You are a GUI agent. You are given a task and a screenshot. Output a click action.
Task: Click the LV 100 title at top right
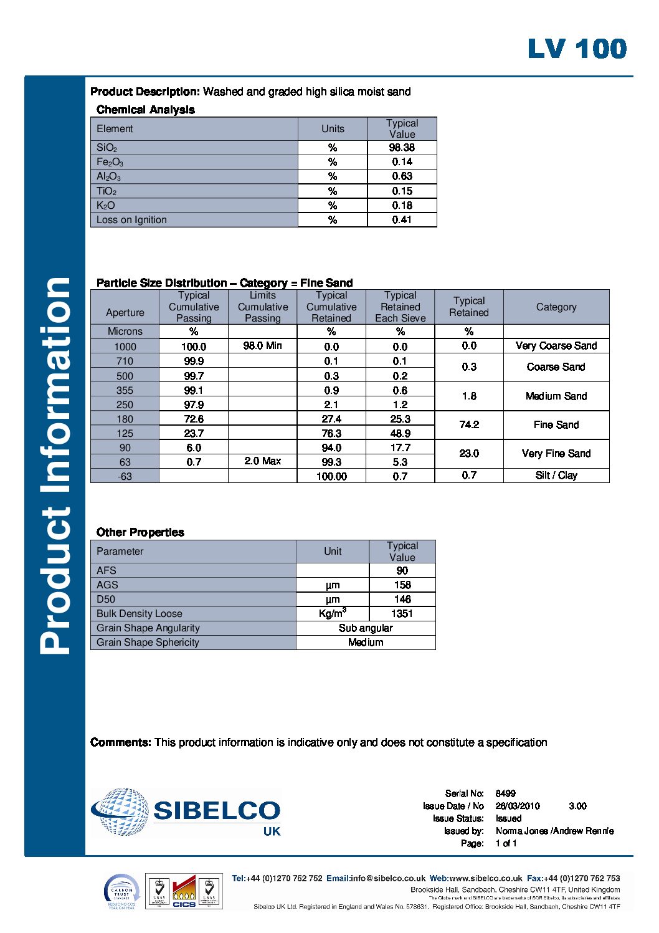[577, 49]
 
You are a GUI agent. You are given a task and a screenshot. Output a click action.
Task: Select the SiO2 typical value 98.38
[402, 148]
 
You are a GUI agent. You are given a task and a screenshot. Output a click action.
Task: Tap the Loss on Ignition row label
[131, 220]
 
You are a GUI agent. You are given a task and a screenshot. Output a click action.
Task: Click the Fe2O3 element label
[110, 162]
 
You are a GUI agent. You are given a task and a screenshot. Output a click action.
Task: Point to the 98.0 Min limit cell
[262, 346]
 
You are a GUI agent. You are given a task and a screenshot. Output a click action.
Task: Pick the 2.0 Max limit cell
[262, 461]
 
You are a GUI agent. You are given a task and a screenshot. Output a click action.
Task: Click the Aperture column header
[125, 312]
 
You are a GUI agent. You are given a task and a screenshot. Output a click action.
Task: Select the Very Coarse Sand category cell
[556, 346]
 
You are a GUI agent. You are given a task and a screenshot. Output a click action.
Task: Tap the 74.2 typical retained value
[468, 425]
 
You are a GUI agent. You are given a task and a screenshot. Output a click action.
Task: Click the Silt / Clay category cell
[556, 476]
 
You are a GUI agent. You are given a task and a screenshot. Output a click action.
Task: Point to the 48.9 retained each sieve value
[400, 433]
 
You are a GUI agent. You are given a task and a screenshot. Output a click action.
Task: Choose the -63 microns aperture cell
[125, 476]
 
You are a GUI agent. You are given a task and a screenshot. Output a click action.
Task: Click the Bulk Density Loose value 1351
[402, 613]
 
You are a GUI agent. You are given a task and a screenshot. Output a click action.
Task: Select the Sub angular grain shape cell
[366, 628]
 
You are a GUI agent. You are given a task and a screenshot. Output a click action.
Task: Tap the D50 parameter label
[106, 599]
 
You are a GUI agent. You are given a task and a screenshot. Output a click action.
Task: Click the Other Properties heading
[140, 532]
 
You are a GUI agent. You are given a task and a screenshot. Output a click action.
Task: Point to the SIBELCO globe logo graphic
[121, 811]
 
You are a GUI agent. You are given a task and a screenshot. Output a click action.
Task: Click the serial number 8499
[505, 793]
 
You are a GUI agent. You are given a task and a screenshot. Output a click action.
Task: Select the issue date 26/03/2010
[518, 806]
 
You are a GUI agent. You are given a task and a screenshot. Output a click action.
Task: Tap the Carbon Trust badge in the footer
[121, 892]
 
